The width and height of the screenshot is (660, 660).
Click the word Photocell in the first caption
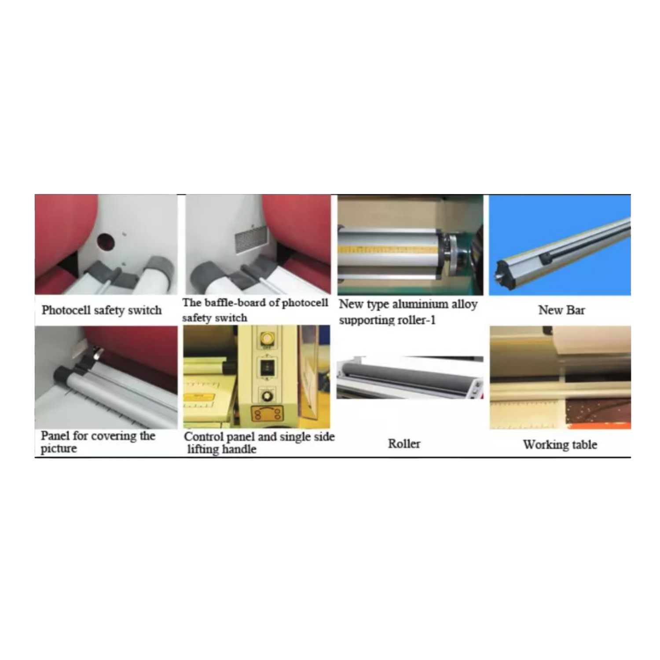[66, 310]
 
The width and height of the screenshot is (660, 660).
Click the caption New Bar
[561, 310]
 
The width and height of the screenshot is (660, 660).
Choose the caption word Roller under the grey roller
[404, 444]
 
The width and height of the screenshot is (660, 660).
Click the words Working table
[560, 444]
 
